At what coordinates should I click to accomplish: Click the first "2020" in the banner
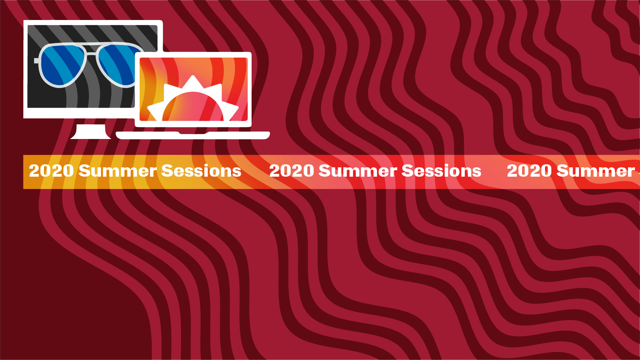tap(51, 171)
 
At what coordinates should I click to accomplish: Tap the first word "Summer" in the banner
tap(118, 171)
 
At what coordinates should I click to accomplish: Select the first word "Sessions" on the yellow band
tap(201, 171)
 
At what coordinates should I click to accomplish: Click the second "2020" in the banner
tap(291, 171)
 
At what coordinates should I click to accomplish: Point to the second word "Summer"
tap(358, 171)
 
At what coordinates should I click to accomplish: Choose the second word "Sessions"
tap(441, 171)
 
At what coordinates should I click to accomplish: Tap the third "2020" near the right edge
tap(529, 171)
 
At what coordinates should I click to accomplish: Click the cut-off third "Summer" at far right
tap(596, 171)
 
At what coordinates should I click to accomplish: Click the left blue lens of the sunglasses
tap(62, 65)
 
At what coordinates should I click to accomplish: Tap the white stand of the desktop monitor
tap(91, 132)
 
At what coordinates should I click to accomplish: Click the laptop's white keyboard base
tap(193, 135)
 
